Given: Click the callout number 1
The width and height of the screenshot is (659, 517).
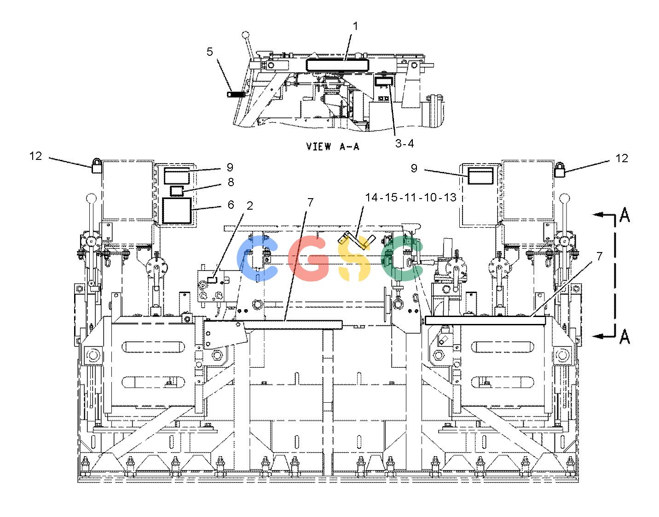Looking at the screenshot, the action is click(x=355, y=26).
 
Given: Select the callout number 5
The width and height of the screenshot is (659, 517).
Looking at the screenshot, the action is click(x=209, y=52).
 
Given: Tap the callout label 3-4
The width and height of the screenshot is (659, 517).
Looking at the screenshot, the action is click(x=404, y=143).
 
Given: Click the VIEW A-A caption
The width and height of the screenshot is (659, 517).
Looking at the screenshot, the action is click(x=333, y=147).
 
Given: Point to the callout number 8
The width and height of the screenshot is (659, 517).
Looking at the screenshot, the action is click(x=231, y=182).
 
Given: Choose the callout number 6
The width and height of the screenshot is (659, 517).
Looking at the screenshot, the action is click(x=231, y=205).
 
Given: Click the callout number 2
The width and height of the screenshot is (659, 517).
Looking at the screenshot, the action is click(x=249, y=206).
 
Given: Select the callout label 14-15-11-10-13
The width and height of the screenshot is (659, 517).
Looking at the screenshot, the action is click(x=410, y=198).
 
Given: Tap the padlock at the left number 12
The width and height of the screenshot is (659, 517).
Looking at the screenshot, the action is click(x=96, y=166).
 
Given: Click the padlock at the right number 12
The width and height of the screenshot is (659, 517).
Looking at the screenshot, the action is click(x=560, y=170).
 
